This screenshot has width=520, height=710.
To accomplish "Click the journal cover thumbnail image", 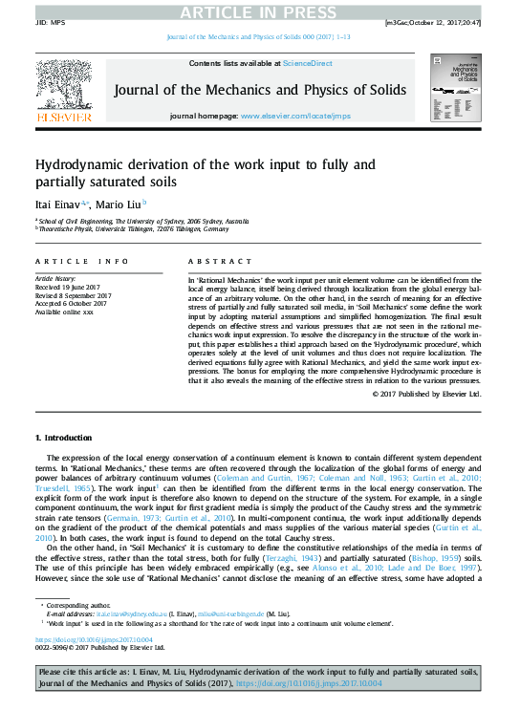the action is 456,88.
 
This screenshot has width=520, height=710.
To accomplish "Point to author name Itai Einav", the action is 59,204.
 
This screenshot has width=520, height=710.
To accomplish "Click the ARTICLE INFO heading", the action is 81,261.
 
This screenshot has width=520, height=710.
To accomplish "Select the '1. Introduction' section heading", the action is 64,438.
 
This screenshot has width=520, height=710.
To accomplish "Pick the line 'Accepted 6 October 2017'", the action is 71,303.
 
